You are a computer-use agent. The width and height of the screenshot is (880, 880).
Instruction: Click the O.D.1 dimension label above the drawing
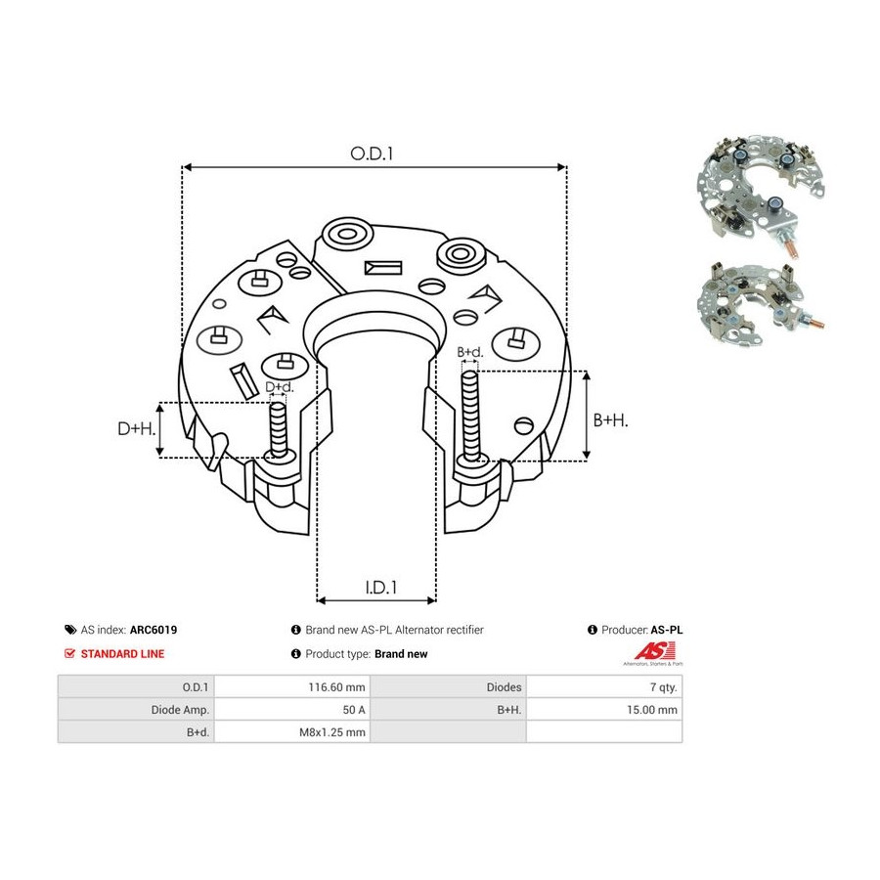pyautogui.click(x=372, y=154)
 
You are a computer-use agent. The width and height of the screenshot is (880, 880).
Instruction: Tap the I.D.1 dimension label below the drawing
pyautogui.click(x=381, y=587)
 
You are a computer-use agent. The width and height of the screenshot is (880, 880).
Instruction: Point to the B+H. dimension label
pyautogui.click(x=610, y=419)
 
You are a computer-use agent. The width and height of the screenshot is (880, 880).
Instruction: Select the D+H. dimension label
pyautogui.click(x=136, y=429)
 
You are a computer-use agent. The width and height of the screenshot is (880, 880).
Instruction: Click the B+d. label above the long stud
pyautogui.click(x=469, y=352)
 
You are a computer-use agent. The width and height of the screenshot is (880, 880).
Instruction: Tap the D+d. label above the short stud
pyautogui.click(x=279, y=386)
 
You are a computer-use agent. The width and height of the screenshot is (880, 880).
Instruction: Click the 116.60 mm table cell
pyautogui.click(x=336, y=687)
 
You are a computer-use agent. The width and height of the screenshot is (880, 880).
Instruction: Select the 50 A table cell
pyautogui.click(x=354, y=710)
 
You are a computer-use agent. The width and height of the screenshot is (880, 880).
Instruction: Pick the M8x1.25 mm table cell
pyautogui.click(x=332, y=731)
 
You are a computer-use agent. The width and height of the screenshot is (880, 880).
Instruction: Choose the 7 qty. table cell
pyautogui.click(x=663, y=687)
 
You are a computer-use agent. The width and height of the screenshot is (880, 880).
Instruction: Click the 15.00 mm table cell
pyautogui.click(x=652, y=710)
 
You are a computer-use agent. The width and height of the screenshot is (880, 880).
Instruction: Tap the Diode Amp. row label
pyautogui.click(x=180, y=710)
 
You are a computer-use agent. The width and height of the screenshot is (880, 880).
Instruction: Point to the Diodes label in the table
pyautogui.click(x=504, y=687)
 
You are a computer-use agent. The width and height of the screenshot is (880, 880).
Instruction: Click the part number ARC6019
pyautogui.click(x=154, y=630)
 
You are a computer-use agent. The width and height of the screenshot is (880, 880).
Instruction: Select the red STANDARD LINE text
pyautogui.click(x=122, y=654)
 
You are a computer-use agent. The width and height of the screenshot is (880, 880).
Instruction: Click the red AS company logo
pyautogui.click(x=653, y=654)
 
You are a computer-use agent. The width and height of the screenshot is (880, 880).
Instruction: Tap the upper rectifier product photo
pyautogui.click(x=761, y=195)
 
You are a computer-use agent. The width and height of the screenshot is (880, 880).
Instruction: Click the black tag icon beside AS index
pyautogui.click(x=70, y=630)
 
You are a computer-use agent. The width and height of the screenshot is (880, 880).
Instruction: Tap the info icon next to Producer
pyautogui.click(x=593, y=630)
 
